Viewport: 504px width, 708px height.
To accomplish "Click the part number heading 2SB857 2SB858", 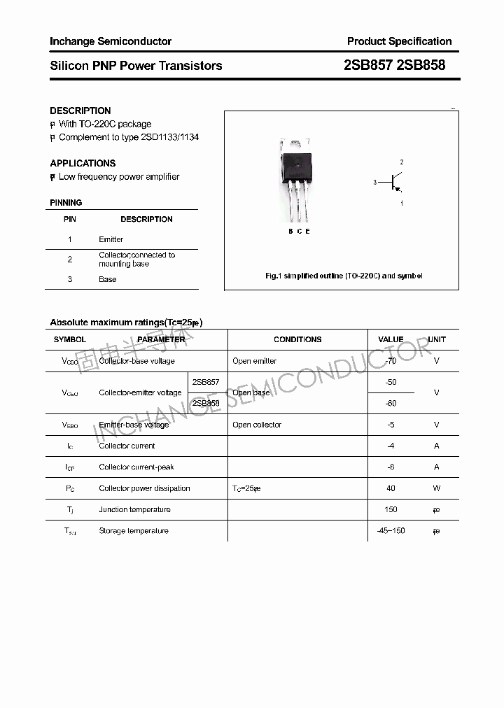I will pyautogui.click(x=394, y=66).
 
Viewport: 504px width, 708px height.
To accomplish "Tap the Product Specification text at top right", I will pyautogui.click(x=399, y=41).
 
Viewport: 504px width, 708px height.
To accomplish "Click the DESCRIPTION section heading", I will pyautogui.click(x=80, y=111).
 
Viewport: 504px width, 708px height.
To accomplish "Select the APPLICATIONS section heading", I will pyautogui.click(x=83, y=163).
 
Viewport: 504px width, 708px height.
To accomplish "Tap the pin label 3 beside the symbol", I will pyautogui.click(x=375, y=183).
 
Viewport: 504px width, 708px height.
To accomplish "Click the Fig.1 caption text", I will pyautogui.click(x=344, y=276).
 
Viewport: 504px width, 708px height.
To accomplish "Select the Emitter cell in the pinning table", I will pyautogui.click(x=111, y=239).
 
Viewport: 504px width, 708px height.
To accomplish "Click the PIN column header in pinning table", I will pyautogui.click(x=70, y=219).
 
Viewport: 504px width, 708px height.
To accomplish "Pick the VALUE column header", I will pyautogui.click(x=391, y=339).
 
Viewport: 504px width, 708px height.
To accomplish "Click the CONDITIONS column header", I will pyautogui.click(x=297, y=339).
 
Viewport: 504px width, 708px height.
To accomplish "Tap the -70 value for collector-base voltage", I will pyautogui.click(x=391, y=361).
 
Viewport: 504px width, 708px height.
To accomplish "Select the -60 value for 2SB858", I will pyautogui.click(x=391, y=404).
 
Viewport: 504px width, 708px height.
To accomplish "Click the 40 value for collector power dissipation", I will pyautogui.click(x=391, y=488).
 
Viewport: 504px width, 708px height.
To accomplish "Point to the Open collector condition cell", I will pyautogui.click(x=257, y=425).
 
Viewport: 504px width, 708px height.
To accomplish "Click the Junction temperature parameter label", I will pyautogui.click(x=134, y=509).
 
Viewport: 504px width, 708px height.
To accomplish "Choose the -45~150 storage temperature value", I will pyautogui.click(x=391, y=531).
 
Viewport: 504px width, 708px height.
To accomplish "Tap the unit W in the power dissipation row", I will pyautogui.click(x=436, y=488).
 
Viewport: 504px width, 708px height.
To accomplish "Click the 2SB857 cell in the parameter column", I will pyautogui.click(x=206, y=382).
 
